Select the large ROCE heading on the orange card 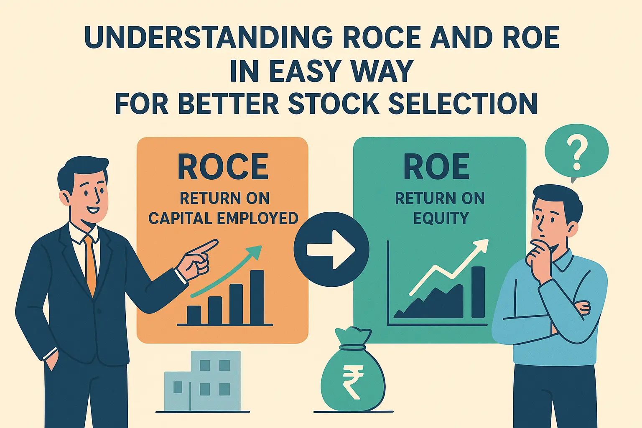point(223,167)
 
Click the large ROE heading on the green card point(436,167)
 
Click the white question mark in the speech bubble point(577,154)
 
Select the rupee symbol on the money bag point(353,381)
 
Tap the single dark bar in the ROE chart point(478,292)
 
